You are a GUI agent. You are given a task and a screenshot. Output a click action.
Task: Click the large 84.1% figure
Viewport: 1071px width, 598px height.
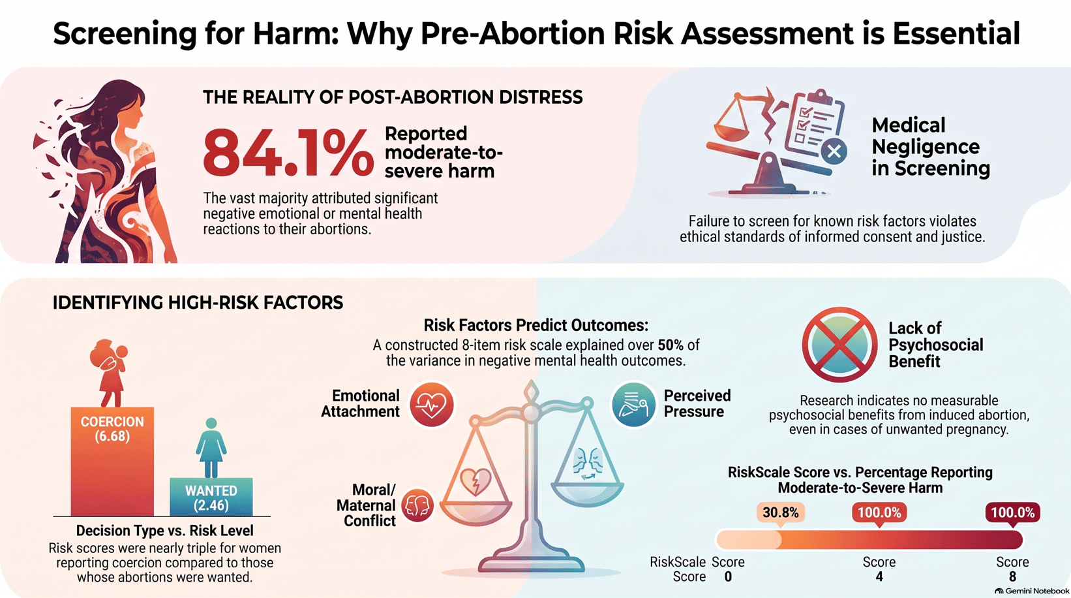[x=288, y=153]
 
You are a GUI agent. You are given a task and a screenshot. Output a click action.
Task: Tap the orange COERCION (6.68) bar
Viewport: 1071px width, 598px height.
[x=112, y=462]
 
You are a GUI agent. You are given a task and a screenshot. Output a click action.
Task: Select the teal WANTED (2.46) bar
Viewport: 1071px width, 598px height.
[x=211, y=497]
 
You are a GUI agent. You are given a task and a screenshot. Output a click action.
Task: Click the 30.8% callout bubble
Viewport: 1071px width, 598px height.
[x=781, y=513]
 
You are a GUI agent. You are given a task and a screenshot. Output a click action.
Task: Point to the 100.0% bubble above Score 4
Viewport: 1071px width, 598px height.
[x=879, y=513]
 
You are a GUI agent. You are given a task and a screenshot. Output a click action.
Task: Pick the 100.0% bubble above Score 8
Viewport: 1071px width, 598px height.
[x=1013, y=513]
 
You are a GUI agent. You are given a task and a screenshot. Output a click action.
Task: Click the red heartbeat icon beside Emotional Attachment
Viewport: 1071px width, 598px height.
[x=431, y=404]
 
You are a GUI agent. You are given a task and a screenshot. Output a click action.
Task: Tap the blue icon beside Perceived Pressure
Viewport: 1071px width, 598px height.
[x=633, y=404]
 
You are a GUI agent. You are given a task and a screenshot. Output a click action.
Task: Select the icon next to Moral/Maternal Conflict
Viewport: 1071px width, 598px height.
[x=417, y=505]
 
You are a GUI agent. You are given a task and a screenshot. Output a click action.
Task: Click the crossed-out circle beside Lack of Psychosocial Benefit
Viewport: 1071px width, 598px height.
[x=839, y=344]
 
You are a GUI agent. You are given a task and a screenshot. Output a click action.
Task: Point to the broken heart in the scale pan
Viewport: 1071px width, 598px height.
[x=475, y=480]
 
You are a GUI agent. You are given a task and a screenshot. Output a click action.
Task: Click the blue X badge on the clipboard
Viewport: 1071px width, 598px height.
[x=834, y=151]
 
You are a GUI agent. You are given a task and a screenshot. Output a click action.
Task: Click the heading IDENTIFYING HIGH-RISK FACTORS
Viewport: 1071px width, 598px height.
[x=198, y=303]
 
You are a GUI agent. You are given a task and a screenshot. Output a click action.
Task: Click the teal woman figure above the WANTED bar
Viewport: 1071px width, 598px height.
[x=211, y=448]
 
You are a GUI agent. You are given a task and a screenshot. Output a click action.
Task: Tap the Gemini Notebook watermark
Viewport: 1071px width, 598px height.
[x=1031, y=591]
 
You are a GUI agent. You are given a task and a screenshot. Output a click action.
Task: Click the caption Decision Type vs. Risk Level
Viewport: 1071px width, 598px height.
[x=164, y=531]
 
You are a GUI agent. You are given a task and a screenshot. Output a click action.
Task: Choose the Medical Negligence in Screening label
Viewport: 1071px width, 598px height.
[x=930, y=147]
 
